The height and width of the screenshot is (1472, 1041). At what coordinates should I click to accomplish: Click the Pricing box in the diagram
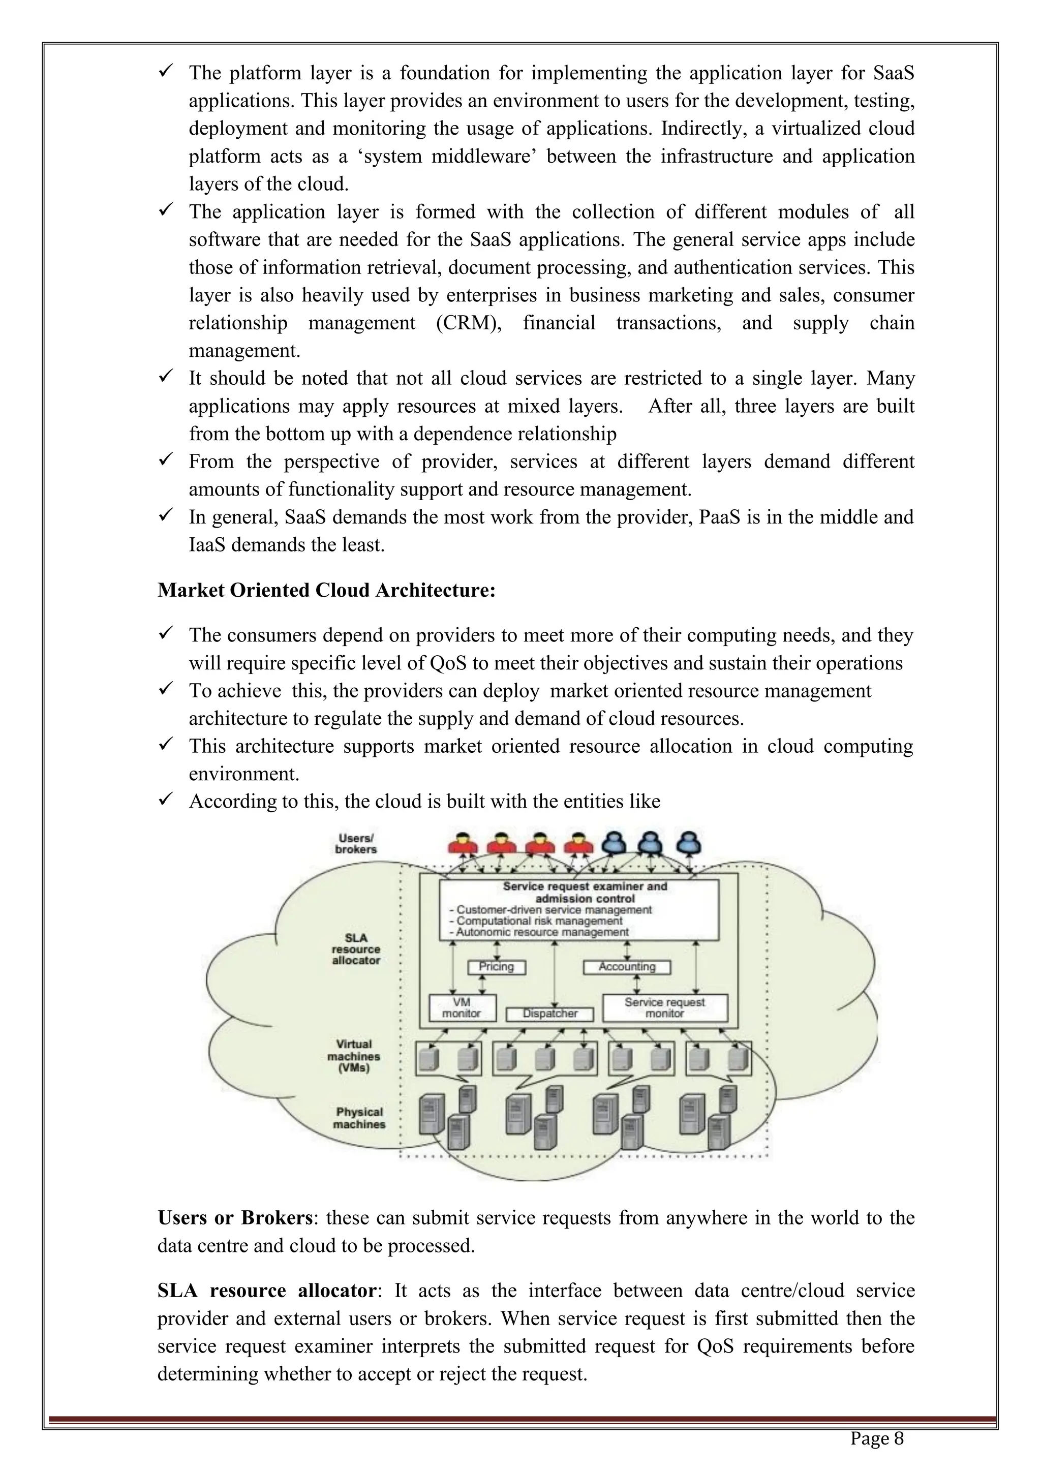click(496, 967)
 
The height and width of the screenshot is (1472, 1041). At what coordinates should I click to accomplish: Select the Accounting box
click(626, 967)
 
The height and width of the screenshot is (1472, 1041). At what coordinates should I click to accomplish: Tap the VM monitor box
click(462, 1008)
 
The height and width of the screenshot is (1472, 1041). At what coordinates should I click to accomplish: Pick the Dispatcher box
click(550, 1014)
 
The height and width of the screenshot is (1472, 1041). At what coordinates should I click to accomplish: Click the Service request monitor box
click(665, 1008)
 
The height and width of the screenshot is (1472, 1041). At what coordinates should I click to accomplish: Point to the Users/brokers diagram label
click(356, 844)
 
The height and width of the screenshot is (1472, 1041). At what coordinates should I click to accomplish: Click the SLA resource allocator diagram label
click(356, 949)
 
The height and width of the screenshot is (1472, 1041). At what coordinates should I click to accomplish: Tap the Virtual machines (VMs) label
click(354, 1056)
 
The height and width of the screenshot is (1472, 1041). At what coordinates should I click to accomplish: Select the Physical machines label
click(359, 1118)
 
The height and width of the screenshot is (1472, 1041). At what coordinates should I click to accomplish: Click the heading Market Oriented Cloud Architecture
click(326, 590)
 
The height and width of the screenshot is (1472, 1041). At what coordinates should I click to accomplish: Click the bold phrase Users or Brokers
click(235, 1217)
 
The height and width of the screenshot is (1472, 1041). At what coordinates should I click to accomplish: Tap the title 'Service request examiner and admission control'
click(585, 892)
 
